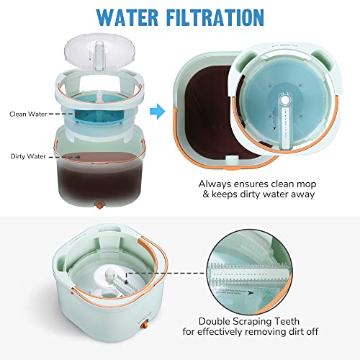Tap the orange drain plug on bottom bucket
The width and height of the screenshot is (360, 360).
pyautogui.click(x=137, y=338)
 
